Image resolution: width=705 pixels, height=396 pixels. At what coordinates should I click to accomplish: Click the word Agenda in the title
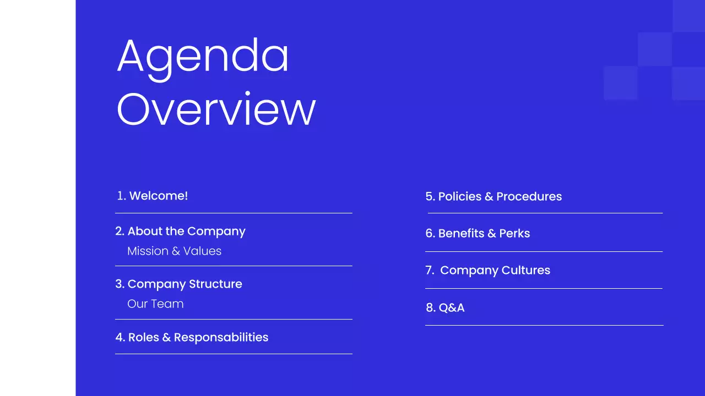click(x=203, y=57)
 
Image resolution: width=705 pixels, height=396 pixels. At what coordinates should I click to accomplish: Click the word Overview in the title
click(x=216, y=109)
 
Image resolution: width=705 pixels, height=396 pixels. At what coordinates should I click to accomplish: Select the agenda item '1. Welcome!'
click(x=153, y=196)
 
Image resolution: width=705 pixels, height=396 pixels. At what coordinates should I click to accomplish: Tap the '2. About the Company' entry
click(x=180, y=231)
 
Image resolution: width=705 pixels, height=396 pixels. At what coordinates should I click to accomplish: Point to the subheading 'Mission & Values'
click(x=174, y=251)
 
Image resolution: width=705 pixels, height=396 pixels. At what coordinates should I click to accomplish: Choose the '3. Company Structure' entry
click(x=178, y=284)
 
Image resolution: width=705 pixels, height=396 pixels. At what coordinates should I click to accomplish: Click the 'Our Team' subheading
click(x=155, y=304)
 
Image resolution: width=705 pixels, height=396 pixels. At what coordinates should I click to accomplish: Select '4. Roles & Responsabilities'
click(x=192, y=337)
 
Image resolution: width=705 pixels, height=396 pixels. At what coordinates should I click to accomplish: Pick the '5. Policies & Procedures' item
click(x=493, y=196)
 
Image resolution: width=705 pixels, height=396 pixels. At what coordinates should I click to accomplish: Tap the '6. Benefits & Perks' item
click(x=478, y=233)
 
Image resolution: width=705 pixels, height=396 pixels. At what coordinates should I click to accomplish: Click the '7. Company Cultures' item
click(x=488, y=270)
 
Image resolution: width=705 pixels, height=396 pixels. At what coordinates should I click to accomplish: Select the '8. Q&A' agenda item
click(x=445, y=307)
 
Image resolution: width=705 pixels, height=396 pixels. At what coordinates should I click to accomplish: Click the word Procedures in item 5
click(x=529, y=196)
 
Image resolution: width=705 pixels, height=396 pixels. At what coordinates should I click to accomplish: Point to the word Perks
click(x=514, y=233)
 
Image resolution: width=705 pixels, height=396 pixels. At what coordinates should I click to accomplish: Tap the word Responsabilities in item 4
click(x=221, y=337)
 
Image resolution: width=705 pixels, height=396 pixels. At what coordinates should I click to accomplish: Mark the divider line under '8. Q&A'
click(x=544, y=325)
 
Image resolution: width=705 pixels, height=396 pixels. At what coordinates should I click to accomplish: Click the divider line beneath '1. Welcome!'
click(x=234, y=213)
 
